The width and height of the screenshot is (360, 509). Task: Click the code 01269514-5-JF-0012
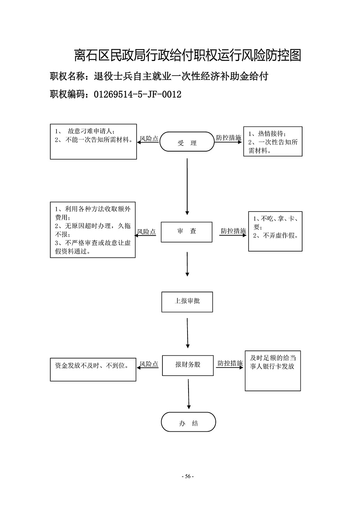[138, 94]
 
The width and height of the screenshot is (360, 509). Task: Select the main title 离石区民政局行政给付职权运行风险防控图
[188, 55]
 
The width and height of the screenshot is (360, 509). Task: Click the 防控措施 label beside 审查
[233, 231]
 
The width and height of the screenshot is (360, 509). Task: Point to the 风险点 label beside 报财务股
[149, 364]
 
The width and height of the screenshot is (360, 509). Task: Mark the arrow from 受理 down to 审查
[187, 186]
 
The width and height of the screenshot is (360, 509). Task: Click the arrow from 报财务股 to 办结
[189, 394]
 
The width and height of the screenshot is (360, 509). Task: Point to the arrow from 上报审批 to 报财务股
[187, 333]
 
